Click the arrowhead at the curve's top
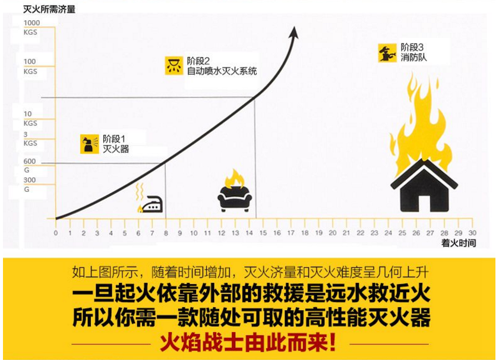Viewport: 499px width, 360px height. click(294, 33)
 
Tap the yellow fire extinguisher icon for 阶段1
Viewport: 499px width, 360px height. click(90, 144)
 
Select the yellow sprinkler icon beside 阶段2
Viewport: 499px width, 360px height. click(173, 66)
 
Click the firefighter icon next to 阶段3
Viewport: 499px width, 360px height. click(387, 53)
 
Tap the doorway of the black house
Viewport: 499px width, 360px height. click(424, 203)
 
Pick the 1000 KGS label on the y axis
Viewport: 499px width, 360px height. click(31, 27)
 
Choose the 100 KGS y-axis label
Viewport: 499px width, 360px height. click(30, 66)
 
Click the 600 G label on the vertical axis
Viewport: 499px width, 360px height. click(29, 166)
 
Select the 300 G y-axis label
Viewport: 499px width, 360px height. click(29, 185)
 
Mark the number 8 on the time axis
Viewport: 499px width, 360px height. click(166, 233)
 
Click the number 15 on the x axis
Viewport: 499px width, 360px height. click(263, 233)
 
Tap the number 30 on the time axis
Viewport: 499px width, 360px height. click(472, 233)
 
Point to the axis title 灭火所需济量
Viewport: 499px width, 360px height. click(49, 9)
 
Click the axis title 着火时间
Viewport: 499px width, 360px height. click(459, 243)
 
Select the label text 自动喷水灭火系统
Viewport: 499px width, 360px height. click(222, 71)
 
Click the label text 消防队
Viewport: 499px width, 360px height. click(413, 58)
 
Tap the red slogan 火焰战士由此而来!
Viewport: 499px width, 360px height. click(248, 343)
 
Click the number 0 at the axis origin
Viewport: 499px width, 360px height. click(56, 233)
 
